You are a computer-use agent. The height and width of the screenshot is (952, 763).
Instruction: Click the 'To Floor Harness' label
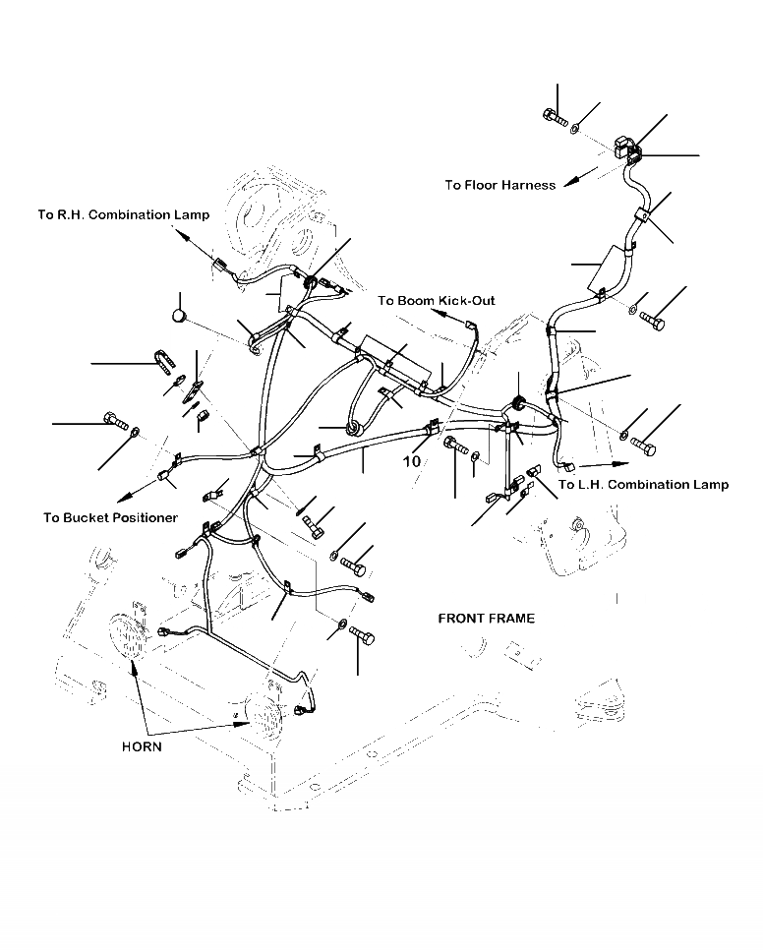pyautogui.click(x=499, y=185)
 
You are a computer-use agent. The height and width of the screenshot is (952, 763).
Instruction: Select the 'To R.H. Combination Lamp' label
pyautogui.click(x=123, y=215)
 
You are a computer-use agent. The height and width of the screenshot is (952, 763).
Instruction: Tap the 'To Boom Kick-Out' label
pyautogui.click(x=437, y=301)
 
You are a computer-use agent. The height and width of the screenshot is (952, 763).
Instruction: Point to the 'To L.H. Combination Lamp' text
pyautogui.click(x=643, y=484)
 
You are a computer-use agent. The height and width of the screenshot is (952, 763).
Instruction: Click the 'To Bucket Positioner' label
pyautogui.click(x=110, y=517)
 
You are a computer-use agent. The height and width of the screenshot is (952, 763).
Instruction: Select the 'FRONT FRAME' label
pyautogui.click(x=487, y=619)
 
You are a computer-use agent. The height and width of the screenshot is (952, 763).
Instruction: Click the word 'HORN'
pyautogui.click(x=143, y=746)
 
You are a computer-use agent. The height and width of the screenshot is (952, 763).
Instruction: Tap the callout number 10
pyautogui.click(x=411, y=461)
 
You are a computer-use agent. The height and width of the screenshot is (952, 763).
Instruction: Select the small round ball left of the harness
pyautogui.click(x=179, y=316)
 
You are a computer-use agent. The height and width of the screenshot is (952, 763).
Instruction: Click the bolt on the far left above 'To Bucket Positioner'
pyautogui.click(x=114, y=425)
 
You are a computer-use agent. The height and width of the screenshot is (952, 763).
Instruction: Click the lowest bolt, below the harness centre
pyautogui.click(x=363, y=638)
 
